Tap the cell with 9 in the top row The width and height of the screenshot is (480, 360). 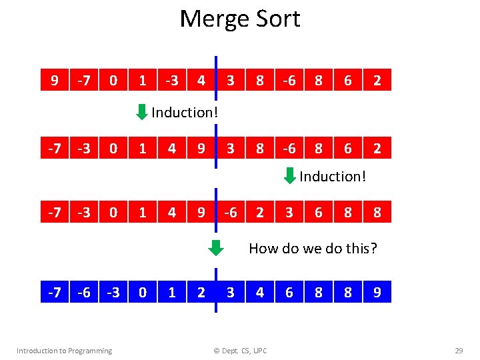point(54,81)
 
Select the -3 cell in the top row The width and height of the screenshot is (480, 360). point(171,81)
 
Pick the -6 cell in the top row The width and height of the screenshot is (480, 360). point(289,81)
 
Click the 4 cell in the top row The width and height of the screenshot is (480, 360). point(201,81)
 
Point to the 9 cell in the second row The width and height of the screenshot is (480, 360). point(201,147)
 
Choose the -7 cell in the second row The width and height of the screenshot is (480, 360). point(54,147)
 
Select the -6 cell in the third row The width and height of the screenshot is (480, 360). point(230,213)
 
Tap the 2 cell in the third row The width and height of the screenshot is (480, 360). point(259,213)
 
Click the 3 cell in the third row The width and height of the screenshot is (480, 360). point(289,213)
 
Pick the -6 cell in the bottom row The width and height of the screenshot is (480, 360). point(83,291)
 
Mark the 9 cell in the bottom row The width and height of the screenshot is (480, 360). point(377,291)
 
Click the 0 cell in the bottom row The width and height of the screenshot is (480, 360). point(142,291)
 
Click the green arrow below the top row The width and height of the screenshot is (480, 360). point(141,111)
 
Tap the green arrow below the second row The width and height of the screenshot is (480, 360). point(289,176)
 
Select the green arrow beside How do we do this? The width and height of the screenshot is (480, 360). point(215,248)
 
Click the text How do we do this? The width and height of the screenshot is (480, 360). point(313,249)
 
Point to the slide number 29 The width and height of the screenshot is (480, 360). point(458,351)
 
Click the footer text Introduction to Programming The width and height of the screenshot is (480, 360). point(64,351)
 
